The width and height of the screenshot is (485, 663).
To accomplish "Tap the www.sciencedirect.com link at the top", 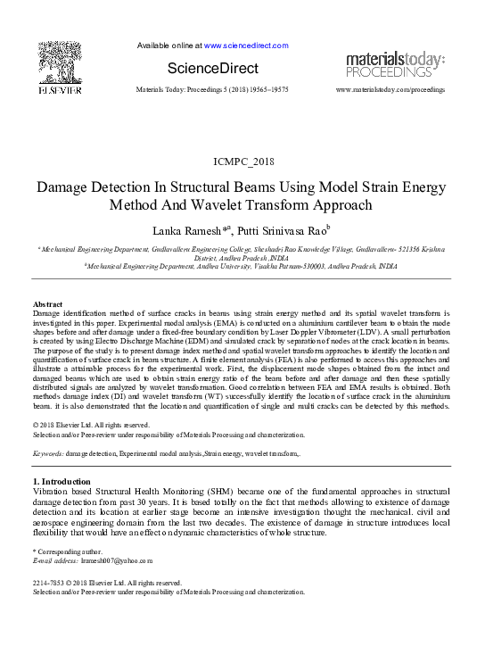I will click(239, 45).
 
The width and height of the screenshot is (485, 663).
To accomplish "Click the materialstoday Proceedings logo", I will click(393, 63).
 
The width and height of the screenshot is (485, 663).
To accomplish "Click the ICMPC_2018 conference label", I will click(242, 161).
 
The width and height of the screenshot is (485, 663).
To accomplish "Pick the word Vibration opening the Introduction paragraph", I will click(52, 492).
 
